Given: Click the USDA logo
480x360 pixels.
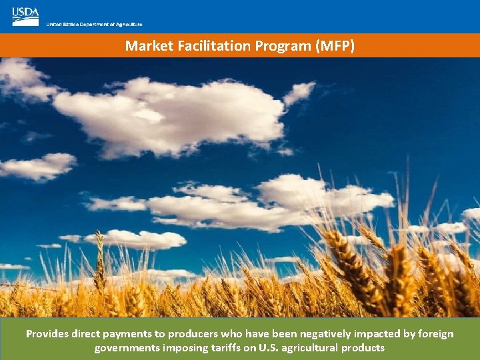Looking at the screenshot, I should (x=25, y=17).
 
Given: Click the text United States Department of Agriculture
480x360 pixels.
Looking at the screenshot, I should (x=94, y=25).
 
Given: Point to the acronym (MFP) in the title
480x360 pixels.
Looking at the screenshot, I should (x=335, y=46).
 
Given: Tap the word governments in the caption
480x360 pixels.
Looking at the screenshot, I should (x=127, y=347).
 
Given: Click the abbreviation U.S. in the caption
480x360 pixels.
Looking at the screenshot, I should (x=273, y=347).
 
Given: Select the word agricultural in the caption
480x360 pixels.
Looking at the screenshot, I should (x=313, y=347).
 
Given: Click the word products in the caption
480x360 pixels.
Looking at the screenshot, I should (x=364, y=347).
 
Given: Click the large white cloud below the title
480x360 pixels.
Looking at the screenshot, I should (x=173, y=113).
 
